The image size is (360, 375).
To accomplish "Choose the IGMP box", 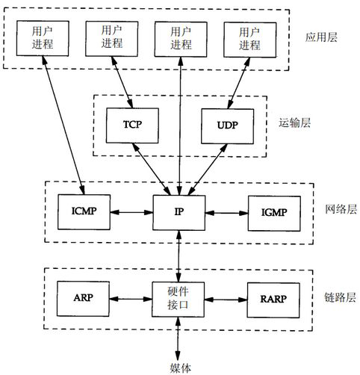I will click(x=271, y=211).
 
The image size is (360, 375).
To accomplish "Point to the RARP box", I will click(x=271, y=297).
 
